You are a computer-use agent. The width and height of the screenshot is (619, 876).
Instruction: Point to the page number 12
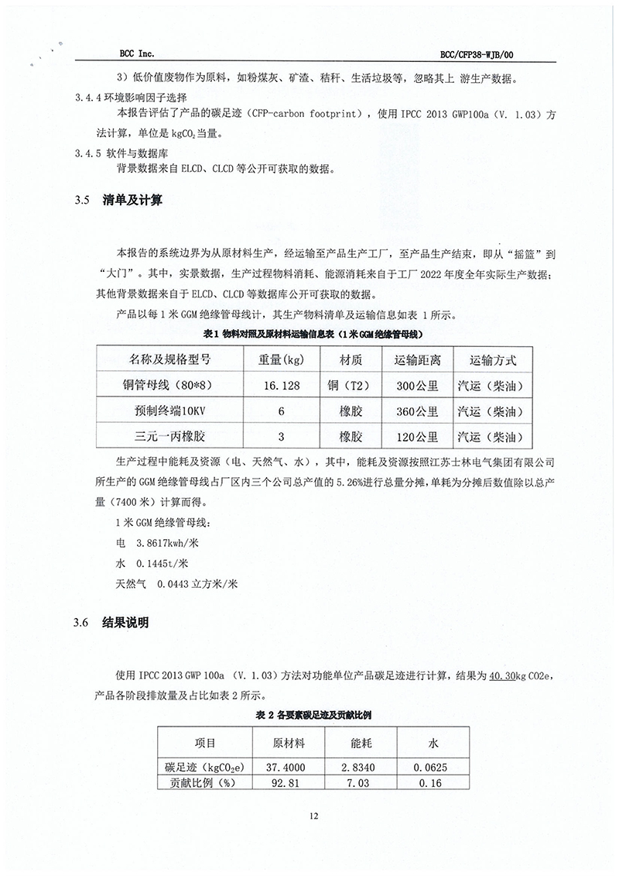[x=313, y=816]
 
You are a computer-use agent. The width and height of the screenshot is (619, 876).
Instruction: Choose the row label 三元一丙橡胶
[x=169, y=435]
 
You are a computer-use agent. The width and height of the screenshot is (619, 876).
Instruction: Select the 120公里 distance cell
[x=417, y=435]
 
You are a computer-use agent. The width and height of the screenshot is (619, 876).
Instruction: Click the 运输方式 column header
[x=493, y=360]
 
